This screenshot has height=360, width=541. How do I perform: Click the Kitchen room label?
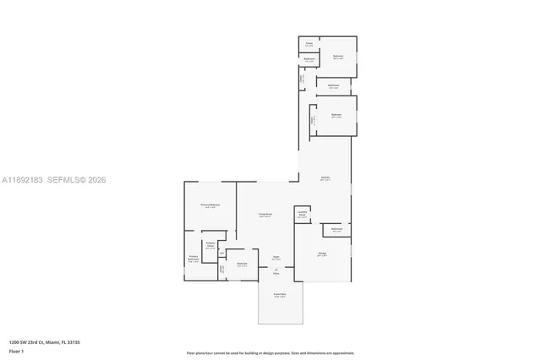point(325,177)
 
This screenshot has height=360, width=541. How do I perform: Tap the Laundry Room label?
point(302,214)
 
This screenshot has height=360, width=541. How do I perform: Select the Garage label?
point(322,253)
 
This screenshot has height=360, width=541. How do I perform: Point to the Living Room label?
point(265,215)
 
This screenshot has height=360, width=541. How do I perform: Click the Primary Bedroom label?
point(210,205)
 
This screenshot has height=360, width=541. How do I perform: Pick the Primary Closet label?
point(210,246)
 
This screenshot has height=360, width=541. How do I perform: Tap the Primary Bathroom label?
point(194,258)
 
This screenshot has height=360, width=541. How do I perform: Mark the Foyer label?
point(276,258)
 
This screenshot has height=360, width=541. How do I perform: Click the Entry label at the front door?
point(276,273)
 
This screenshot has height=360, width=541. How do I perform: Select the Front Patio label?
point(279,295)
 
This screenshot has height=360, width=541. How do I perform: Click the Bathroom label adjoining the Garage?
point(336,228)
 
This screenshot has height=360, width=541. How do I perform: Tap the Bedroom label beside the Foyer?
point(242,265)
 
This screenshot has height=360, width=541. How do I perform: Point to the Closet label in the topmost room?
point(309,42)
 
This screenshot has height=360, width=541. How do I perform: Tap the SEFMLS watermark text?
point(64,180)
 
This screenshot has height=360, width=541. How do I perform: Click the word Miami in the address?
point(52,342)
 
